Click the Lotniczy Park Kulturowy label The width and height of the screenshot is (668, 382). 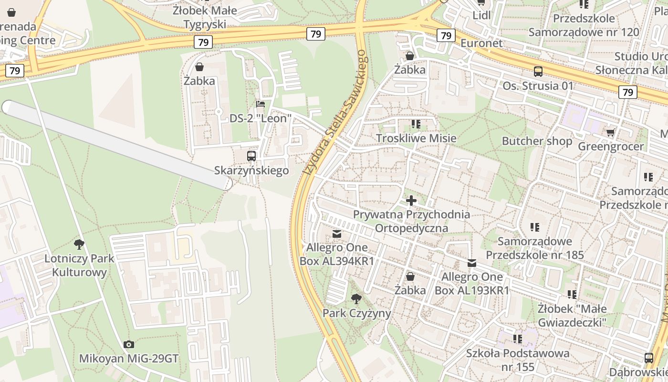(x=79, y=265)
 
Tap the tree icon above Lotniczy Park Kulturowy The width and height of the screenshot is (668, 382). (x=79, y=245)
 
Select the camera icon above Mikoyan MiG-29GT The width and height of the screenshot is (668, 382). (x=128, y=344)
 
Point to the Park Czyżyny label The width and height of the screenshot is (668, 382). (x=357, y=313)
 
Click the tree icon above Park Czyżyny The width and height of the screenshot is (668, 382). (x=356, y=299)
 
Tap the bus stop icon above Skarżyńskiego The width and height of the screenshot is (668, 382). (x=251, y=156)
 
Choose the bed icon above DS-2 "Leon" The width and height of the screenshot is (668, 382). (x=260, y=104)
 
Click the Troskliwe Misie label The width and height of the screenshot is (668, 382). (x=416, y=138)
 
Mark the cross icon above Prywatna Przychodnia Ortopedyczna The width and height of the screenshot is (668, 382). (x=411, y=201)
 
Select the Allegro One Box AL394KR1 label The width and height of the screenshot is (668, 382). (x=337, y=254)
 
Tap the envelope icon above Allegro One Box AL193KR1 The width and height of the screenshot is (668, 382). (x=472, y=263)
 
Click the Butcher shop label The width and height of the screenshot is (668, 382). (x=537, y=141)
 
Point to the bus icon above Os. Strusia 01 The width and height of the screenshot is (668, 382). (x=538, y=72)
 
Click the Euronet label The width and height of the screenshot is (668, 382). (x=481, y=43)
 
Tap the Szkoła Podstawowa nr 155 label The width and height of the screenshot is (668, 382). (x=518, y=360)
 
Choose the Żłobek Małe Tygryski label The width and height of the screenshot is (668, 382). (x=205, y=17)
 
